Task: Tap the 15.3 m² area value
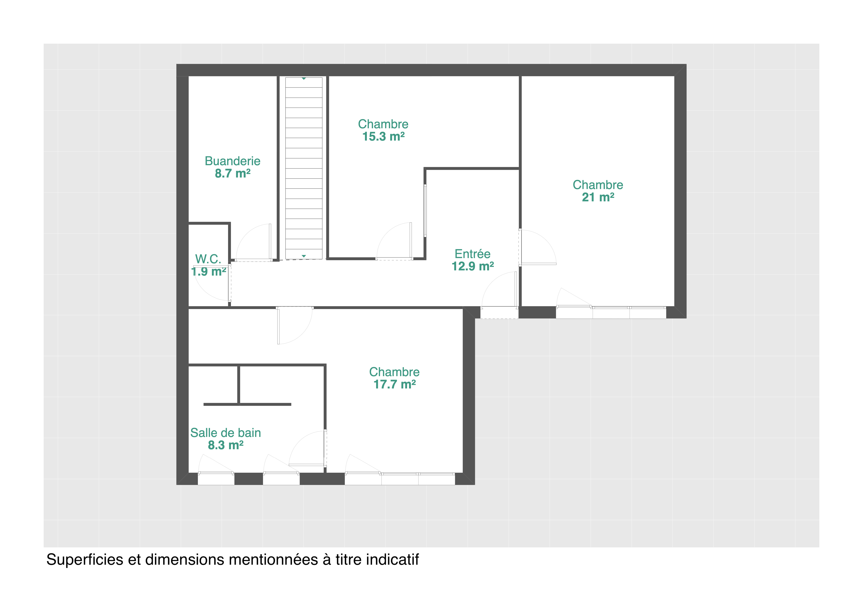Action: tap(383, 136)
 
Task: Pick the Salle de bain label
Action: tap(226, 433)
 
